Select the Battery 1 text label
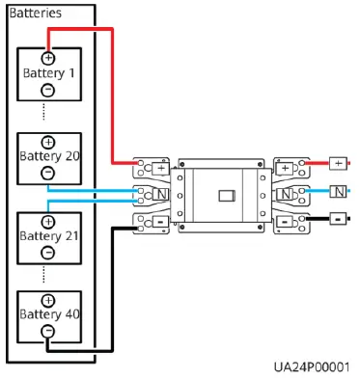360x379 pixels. pyautogui.click(x=48, y=73)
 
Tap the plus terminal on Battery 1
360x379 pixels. pyautogui.click(x=48, y=58)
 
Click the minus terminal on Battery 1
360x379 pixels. pyautogui.click(x=48, y=90)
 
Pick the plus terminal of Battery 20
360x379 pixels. pyautogui.click(x=48, y=142)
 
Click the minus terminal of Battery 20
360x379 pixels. pyautogui.click(x=48, y=174)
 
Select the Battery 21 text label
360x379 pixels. pyautogui.click(x=48, y=233)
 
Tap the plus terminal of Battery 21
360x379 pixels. pyautogui.click(x=48, y=219)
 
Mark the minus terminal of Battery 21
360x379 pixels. pyautogui.click(x=48, y=251)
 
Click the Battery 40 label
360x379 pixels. pyautogui.click(x=48, y=314)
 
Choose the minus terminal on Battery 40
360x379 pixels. pyautogui.click(x=48, y=331)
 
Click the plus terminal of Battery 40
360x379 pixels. pyautogui.click(x=48, y=299)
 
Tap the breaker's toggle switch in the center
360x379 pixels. pyautogui.click(x=225, y=195)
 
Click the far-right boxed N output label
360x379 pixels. pyautogui.click(x=338, y=191)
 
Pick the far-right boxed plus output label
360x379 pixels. pyautogui.click(x=338, y=163)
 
